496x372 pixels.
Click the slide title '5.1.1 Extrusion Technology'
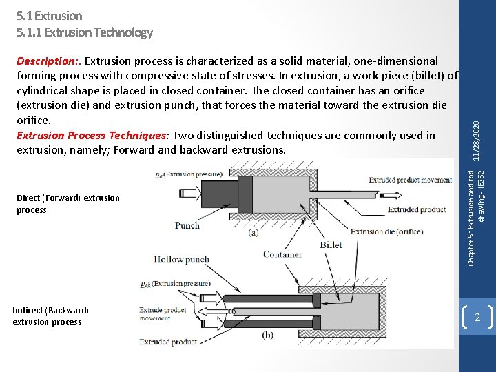(84, 32)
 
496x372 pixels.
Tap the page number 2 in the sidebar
(477, 318)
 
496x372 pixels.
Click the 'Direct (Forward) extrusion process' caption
(68, 204)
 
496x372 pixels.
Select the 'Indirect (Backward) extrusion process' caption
(50, 316)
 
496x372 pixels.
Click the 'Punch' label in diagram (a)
(187, 225)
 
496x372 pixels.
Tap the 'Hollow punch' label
(182, 260)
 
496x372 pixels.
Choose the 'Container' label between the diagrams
(282, 254)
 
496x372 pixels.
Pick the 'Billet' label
(331, 245)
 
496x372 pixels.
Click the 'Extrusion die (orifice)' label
(386, 231)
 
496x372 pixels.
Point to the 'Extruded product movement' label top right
(410, 180)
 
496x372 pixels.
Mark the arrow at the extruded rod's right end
(446, 193)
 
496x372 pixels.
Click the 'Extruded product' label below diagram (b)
(168, 342)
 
